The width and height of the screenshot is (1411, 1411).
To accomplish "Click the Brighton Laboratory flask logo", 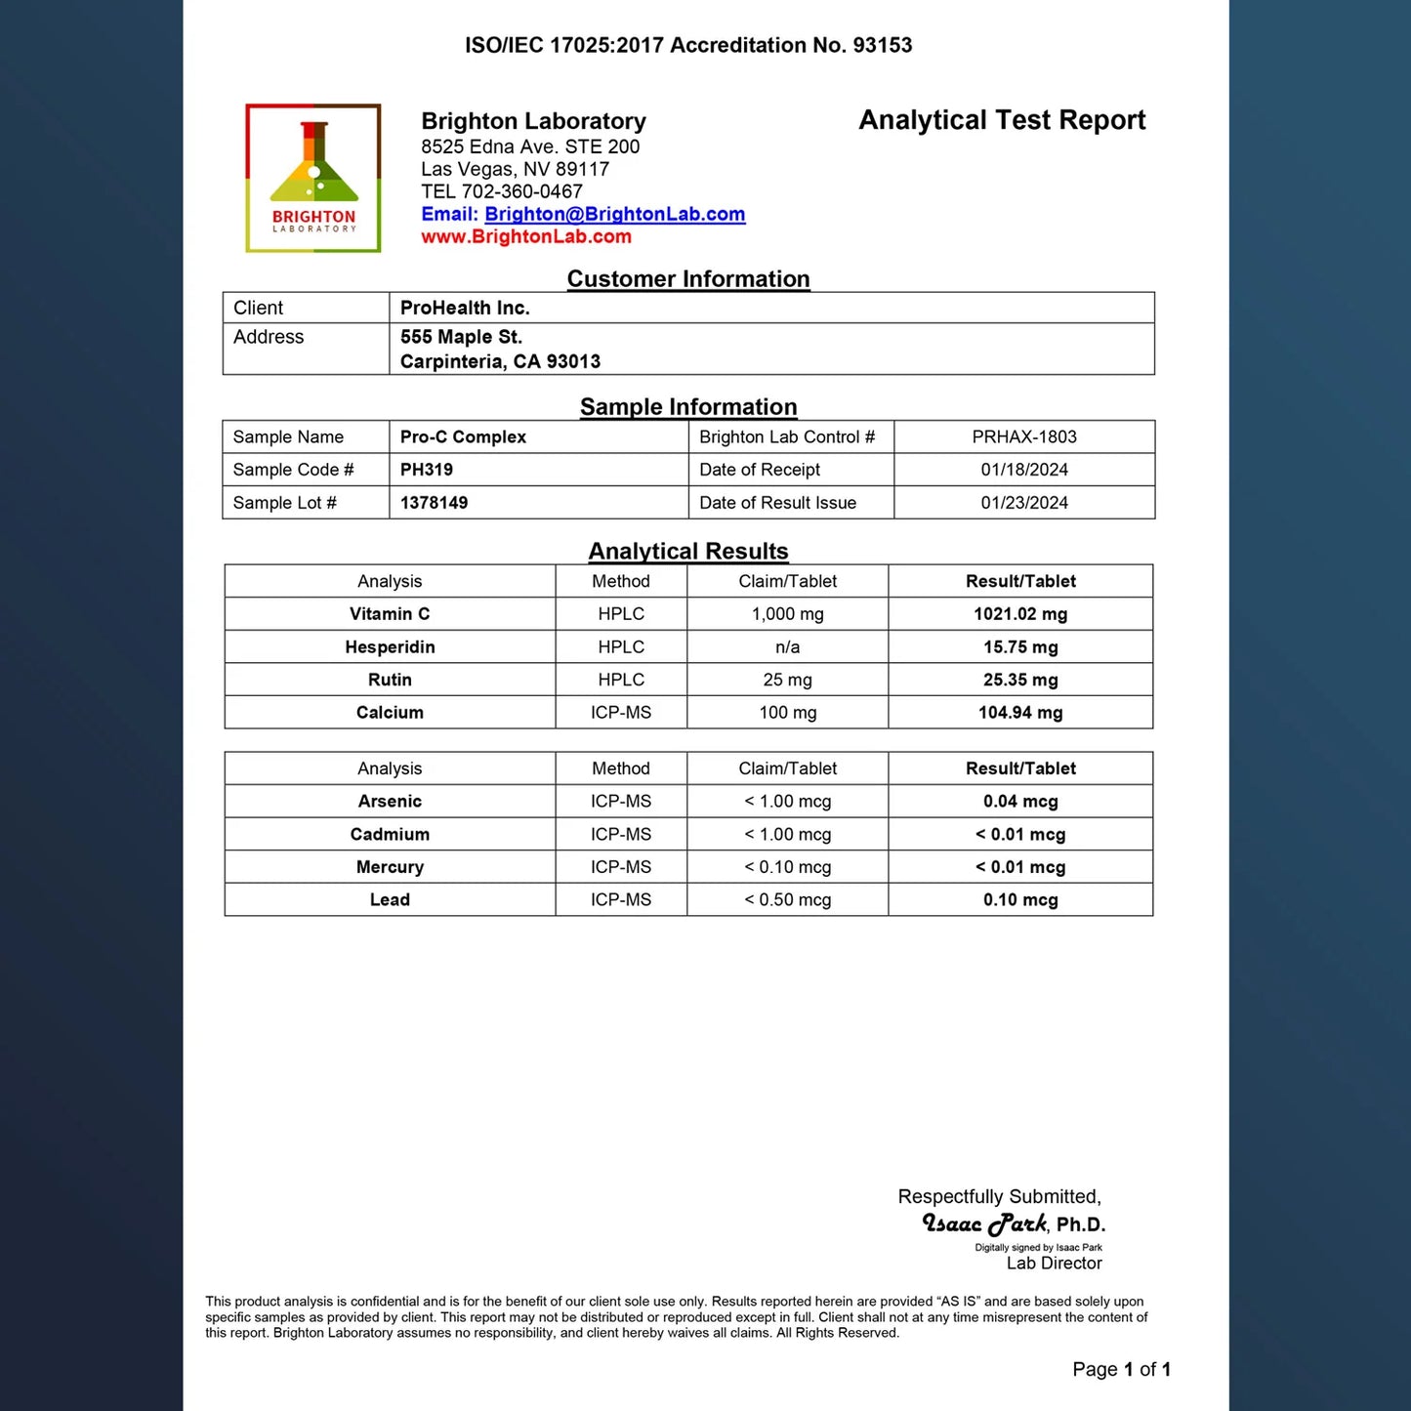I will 313,178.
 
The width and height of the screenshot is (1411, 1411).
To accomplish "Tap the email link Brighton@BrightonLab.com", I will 614,214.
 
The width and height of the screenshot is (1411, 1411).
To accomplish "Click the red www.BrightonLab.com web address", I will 526,236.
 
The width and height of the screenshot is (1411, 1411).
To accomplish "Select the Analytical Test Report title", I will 1002,120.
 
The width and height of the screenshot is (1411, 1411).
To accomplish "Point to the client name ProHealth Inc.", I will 465,308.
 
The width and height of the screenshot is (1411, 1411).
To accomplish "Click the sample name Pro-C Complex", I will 463,436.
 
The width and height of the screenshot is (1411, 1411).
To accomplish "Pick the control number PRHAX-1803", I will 1024,436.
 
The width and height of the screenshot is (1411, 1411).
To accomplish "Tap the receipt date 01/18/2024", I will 1024,470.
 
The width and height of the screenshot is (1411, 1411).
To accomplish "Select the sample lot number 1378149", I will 434,503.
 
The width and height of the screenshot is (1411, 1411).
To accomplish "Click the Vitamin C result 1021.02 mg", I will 1020,614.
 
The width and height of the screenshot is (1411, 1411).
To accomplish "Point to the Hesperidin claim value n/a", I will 787,647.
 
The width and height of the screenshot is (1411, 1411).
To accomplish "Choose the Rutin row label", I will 390,680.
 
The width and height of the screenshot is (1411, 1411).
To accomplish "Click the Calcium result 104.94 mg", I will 1020,713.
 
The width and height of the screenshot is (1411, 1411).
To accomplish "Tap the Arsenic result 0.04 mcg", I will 1020,802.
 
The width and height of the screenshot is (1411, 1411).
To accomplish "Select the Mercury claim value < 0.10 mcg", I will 787,867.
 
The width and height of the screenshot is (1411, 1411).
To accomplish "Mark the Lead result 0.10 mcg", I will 1020,900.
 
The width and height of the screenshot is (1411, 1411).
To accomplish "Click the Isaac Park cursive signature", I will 984,1224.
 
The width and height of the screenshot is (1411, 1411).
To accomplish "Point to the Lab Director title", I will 1054,1263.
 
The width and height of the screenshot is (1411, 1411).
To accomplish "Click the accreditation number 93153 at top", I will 883,45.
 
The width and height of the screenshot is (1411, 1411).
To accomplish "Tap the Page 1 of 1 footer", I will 1121,1369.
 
